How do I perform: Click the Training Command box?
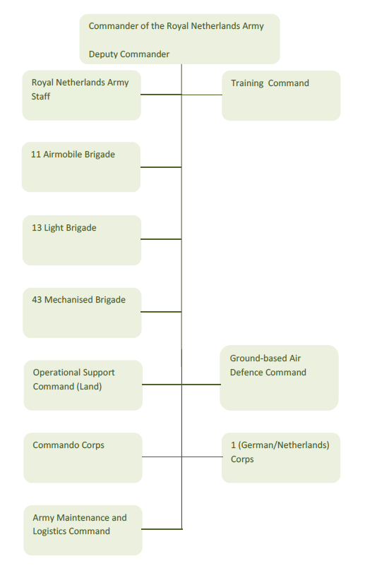click(281, 96)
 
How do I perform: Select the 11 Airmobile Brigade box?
click(81, 167)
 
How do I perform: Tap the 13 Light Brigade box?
click(82, 240)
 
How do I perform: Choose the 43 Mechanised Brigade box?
click(82, 313)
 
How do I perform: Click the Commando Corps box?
click(83, 457)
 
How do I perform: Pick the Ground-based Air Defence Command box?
click(279, 377)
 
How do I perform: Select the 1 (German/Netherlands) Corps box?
click(281, 457)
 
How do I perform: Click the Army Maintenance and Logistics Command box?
click(83, 530)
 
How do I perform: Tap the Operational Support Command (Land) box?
click(83, 385)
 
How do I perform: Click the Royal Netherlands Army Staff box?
click(82, 95)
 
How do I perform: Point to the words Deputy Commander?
click(129, 54)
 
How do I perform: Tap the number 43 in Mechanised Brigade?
click(37, 300)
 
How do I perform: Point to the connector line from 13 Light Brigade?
click(161, 239)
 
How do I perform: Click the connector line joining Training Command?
click(202, 95)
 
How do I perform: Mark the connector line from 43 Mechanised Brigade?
click(161, 312)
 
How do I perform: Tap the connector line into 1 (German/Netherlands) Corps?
click(202, 457)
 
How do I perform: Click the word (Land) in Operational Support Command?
click(90, 387)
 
